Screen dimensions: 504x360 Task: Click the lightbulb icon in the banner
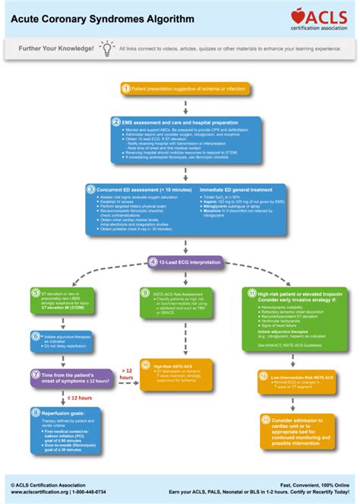tap(107, 48)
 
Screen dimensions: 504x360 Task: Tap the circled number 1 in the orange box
tap(126, 89)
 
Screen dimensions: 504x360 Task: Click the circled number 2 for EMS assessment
tap(115, 122)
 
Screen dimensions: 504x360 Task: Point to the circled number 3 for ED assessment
tap(90, 189)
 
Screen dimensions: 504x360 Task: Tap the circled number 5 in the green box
tap(36, 292)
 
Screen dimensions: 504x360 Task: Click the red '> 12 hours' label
tap(126, 372)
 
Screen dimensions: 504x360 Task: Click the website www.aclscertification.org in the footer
tap(39, 492)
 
